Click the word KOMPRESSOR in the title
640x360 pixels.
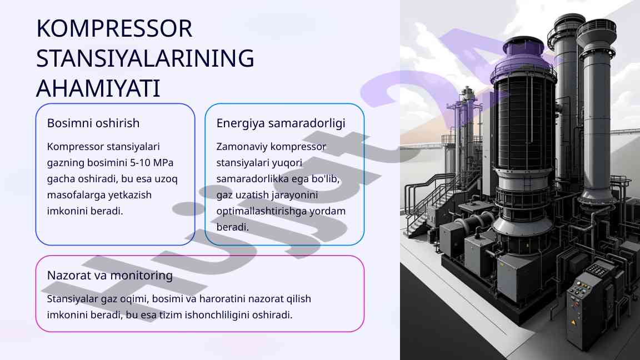[x=114, y=29]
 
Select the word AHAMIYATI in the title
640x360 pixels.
[x=98, y=89]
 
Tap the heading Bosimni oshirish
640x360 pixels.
[x=93, y=123]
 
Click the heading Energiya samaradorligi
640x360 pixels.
[x=281, y=123]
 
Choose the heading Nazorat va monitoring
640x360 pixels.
[x=110, y=275]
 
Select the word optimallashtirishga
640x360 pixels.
[x=266, y=211]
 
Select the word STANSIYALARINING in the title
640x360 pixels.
[x=145, y=59]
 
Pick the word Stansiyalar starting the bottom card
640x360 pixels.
[x=73, y=299]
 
